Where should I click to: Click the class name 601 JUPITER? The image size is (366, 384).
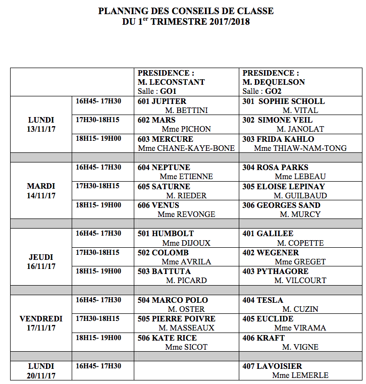tap(162, 101)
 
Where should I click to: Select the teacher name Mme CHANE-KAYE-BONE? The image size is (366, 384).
tap(186, 148)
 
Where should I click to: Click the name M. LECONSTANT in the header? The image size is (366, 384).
tap(171, 82)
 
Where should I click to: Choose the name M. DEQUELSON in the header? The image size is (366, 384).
tap(274, 82)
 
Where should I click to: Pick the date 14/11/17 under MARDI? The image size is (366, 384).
tap(41, 195)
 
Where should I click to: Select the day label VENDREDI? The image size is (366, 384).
tap(41, 319)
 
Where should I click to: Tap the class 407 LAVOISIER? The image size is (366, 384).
tap(272, 366)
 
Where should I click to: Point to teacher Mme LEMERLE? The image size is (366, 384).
tap(300, 375)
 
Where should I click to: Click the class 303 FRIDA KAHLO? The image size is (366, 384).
tap(278, 139)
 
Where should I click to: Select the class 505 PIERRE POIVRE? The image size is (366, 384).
tap(177, 319)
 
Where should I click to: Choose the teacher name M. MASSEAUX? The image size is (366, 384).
tap(190, 328)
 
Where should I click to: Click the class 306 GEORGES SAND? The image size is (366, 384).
tap(281, 205)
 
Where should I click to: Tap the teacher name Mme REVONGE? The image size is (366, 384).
tap(186, 214)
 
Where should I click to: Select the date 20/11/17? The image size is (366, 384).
tap(41, 375)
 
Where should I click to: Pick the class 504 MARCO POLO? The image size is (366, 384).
tap(173, 300)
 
